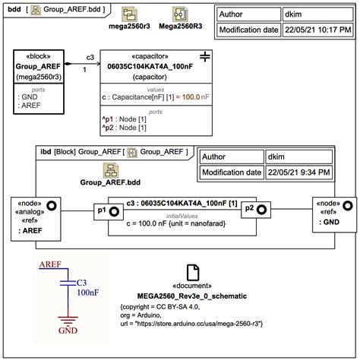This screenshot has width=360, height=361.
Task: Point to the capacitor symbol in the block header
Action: (204, 57)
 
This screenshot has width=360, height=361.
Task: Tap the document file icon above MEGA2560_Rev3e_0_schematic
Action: (193, 272)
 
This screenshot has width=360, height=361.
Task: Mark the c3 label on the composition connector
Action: (90, 57)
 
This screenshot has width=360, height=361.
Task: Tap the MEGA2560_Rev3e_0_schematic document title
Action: (193, 293)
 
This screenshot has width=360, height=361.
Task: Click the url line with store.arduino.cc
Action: (195, 322)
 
